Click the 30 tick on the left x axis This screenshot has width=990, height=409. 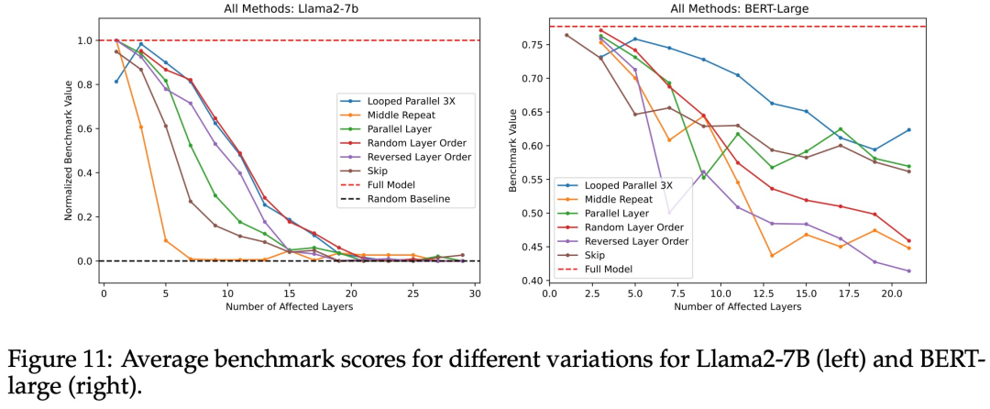click(478, 293)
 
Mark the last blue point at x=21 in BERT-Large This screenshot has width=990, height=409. click(908, 129)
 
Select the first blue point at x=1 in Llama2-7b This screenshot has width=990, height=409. click(115, 82)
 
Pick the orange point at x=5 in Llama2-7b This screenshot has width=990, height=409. click(166, 240)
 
